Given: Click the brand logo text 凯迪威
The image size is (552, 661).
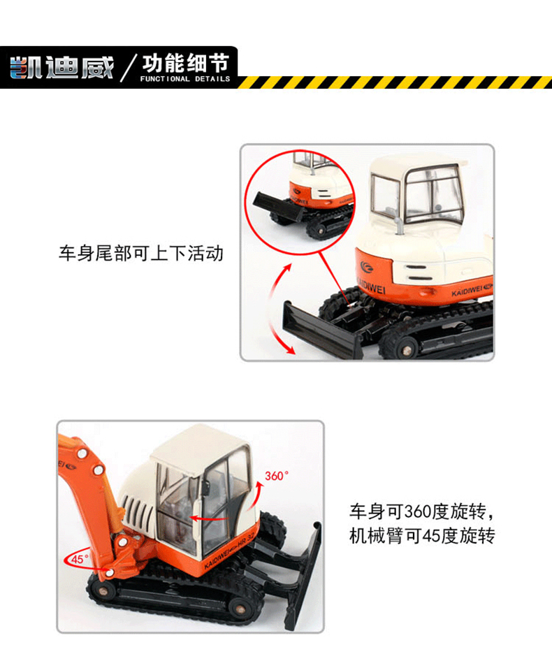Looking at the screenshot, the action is coord(61,68).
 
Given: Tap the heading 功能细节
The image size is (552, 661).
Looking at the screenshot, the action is coord(186,64).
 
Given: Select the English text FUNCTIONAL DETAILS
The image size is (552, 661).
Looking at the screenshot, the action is coord(185,79).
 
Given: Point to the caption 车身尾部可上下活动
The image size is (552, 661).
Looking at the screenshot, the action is coord(141,254).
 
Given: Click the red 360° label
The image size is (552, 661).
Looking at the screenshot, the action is coord(277,476).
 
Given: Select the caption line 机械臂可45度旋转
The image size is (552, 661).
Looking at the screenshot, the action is coord(422,536).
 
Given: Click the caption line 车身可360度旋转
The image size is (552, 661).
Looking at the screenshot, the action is coord(422,511).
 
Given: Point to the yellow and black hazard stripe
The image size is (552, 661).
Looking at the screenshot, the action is coord(395,82).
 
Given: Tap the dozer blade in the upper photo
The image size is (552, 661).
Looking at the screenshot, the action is coord(323,330).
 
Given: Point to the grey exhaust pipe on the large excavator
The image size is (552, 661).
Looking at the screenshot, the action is coord(398,226).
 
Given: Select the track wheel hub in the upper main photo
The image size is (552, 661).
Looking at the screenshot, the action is coord(405,349).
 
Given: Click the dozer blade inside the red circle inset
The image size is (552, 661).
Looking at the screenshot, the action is coord(277,205).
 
